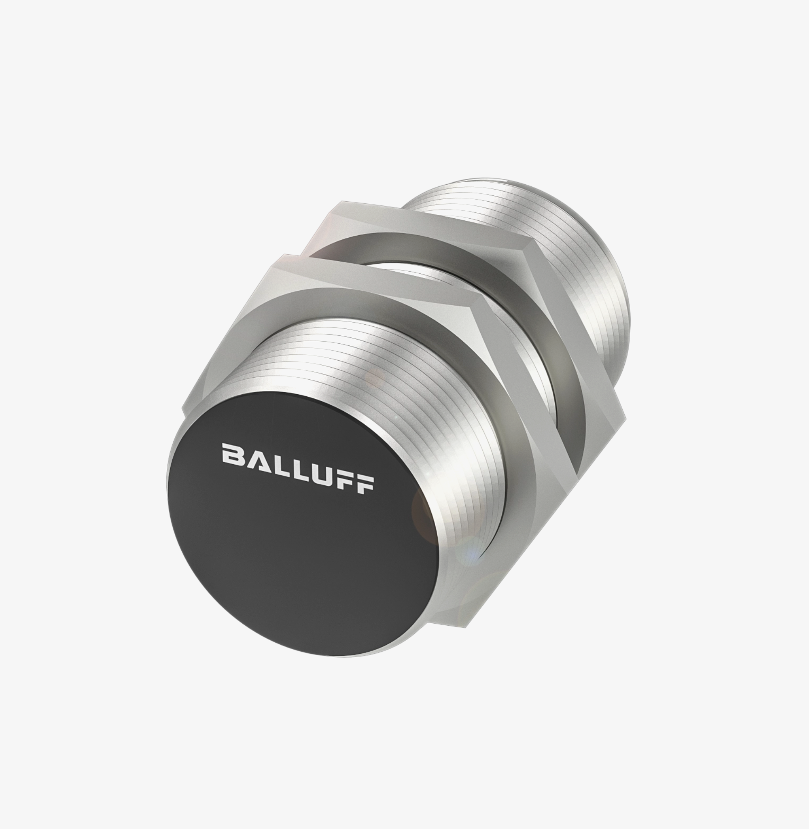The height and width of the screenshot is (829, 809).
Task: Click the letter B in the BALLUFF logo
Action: point(232,454)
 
